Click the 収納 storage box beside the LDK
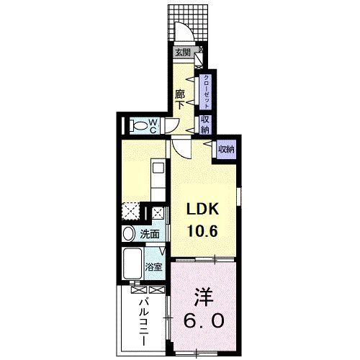[226, 149]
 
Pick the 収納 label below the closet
[206, 125]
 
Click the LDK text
[203, 209]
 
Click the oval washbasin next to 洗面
[128, 233]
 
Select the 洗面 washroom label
[150, 233]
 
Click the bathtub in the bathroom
[133, 265]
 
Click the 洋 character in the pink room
[202, 297]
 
